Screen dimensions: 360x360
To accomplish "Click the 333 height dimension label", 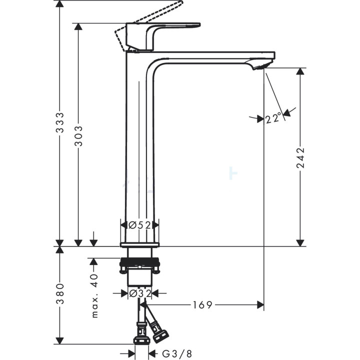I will pos(59,122).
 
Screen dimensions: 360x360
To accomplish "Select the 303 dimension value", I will pos(78,135).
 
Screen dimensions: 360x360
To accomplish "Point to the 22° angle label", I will pos(274,118).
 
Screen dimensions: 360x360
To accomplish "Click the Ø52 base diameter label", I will pos(139,225).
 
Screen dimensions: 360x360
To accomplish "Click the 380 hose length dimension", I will pos(59,294).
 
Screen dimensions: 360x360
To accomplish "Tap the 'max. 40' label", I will pos(94,295).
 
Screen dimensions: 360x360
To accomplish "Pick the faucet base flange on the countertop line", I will pos(139,244).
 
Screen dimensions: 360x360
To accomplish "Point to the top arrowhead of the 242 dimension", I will pos(300,71).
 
